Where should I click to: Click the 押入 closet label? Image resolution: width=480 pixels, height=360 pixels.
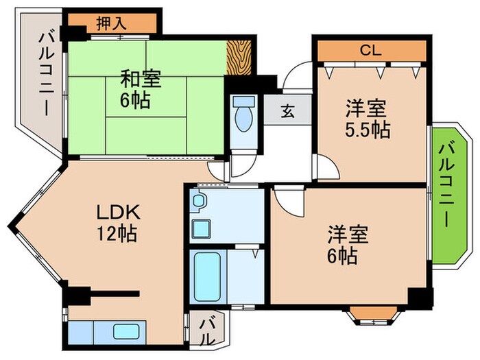tap(110, 23)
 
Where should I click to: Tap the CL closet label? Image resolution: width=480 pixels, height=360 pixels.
tap(371, 50)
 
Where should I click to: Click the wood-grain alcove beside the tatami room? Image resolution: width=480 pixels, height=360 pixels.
tap(241, 58)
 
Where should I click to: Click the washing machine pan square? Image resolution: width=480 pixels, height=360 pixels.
tap(202, 228)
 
